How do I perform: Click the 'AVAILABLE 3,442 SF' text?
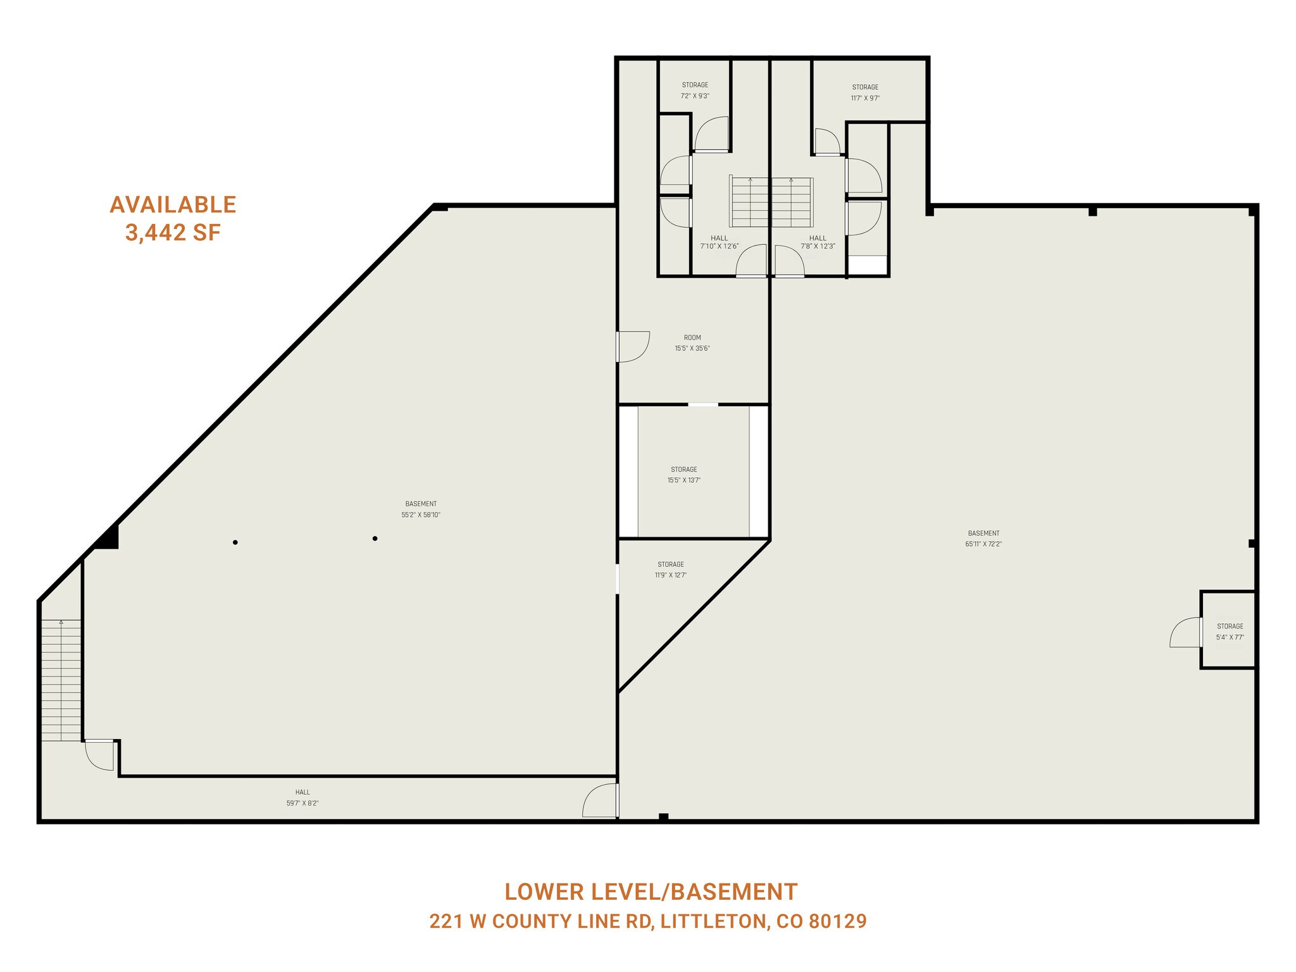coord(173,218)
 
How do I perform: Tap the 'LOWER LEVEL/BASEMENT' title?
coord(651,892)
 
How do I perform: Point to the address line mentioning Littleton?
coord(648,921)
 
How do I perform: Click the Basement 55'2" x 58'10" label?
coord(421,509)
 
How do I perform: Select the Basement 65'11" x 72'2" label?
coord(983,539)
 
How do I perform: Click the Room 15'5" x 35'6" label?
coord(692,343)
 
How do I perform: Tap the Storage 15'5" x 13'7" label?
coord(684,475)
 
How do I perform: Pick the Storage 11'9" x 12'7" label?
coord(671,570)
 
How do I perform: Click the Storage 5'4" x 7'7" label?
coord(1230,632)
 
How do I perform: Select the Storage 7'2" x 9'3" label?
coord(695,90)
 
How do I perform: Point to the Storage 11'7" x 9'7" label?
coord(865,92)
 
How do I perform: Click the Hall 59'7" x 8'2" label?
coord(302,797)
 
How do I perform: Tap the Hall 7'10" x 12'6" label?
coord(720,242)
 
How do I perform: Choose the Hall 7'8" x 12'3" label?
coord(818,242)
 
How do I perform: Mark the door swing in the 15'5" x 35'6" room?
coord(633,347)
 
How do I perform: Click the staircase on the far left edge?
coord(61,680)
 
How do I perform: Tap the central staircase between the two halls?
coord(771,202)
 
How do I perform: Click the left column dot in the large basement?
coord(235,542)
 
